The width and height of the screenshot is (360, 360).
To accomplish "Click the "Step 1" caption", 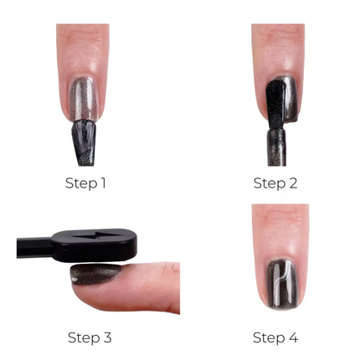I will pyautogui.click(x=85, y=183).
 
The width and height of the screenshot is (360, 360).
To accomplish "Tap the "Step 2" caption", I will pyautogui.click(x=275, y=183).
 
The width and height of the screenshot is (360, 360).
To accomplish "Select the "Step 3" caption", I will pyautogui.click(x=89, y=337).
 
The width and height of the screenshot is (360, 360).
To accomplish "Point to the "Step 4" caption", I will pyautogui.click(x=275, y=337).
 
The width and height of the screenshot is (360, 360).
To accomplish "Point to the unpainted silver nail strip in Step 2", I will pyautogui.click(x=293, y=96).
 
